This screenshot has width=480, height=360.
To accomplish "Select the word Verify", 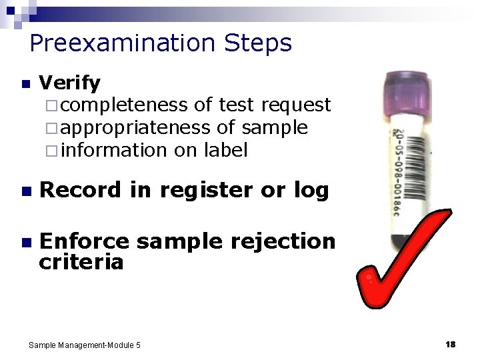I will tap(70, 83).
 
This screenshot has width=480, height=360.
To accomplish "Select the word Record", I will tap(81, 191).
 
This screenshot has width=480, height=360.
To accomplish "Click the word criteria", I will tap(81, 262).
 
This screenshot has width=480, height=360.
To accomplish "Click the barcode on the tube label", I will tap(405, 163).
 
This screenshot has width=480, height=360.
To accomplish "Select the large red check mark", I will tap(400, 260).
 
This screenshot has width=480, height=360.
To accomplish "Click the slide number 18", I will tap(450, 344).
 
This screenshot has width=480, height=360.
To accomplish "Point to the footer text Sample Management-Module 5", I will tap(85, 345).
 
